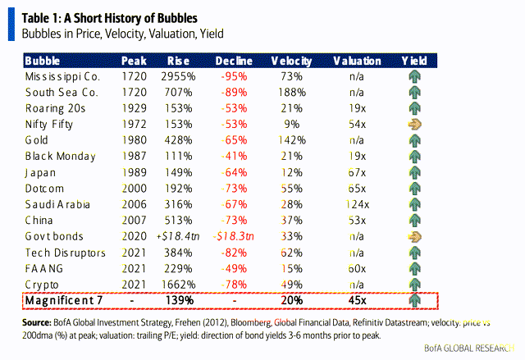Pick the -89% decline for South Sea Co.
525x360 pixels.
235,92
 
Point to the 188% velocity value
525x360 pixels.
292,92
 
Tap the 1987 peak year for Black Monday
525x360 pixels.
134,155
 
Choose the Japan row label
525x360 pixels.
40,171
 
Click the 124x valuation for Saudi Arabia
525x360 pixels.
358,203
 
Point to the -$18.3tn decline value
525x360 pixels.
234,235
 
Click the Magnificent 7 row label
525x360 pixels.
64,300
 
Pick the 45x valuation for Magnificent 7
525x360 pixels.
358,300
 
